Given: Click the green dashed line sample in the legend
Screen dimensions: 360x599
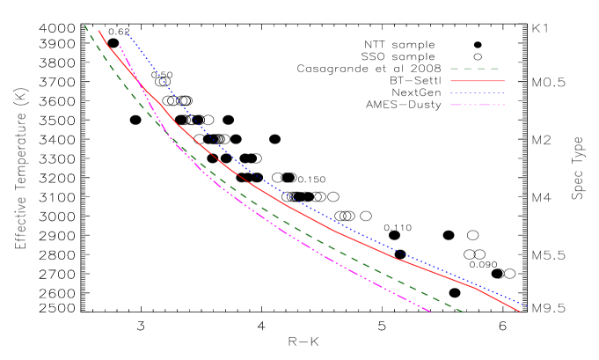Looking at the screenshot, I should tap(475, 69).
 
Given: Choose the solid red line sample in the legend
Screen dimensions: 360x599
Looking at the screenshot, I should tap(477, 81).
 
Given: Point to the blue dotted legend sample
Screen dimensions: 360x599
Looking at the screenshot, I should tap(477, 92).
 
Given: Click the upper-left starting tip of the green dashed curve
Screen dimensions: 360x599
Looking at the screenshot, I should tap(84, 26).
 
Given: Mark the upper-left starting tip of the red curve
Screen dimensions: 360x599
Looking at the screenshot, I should tap(99, 31).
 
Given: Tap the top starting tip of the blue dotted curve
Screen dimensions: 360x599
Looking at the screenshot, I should tap(125, 32).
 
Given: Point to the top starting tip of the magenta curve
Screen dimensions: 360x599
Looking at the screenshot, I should tap(120, 45).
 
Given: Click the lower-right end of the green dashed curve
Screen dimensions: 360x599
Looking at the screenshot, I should tap(463, 312).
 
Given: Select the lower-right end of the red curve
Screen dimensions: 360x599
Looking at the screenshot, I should tap(520, 312).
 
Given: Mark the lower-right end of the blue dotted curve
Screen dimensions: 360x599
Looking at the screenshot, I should tap(525, 305).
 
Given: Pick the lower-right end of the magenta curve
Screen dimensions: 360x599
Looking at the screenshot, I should tap(430, 312).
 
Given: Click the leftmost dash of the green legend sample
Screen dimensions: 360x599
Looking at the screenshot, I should tap(455, 69).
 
